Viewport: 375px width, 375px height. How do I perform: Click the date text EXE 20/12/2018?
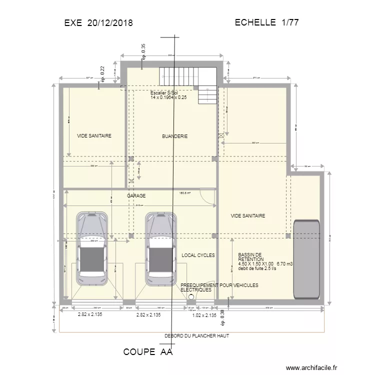point(98,22)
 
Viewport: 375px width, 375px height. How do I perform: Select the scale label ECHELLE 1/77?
point(266,22)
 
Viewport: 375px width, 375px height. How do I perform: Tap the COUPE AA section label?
point(147,352)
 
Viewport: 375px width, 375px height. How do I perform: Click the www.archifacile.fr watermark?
point(311,366)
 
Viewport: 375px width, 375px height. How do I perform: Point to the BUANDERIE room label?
point(174,136)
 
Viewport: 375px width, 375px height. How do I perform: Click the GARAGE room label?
point(136,196)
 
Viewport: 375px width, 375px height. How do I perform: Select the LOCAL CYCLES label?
point(198,255)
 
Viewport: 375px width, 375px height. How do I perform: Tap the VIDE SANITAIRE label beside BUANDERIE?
point(94,136)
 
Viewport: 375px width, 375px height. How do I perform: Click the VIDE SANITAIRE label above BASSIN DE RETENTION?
point(247,216)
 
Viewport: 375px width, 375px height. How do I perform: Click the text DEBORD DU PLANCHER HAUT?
point(196,336)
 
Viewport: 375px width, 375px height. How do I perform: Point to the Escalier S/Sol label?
point(164,93)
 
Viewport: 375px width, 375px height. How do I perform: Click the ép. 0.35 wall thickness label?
point(144,51)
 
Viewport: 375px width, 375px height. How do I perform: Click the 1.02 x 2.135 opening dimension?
point(204,315)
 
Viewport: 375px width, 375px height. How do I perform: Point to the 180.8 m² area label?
point(185,193)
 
